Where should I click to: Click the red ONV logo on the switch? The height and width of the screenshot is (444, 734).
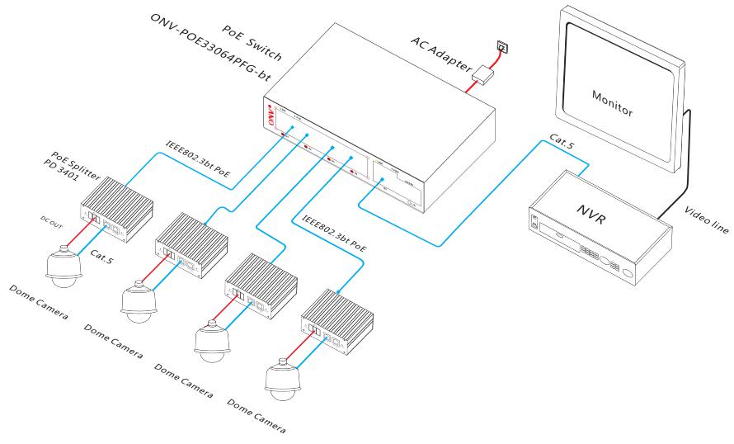pos(270,115)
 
